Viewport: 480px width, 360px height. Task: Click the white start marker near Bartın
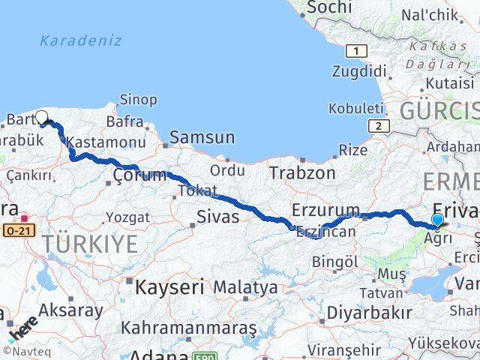click(42, 117)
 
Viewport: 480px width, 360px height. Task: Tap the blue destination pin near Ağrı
click(438, 220)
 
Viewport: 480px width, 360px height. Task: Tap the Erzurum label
click(325, 209)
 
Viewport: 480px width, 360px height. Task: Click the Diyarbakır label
click(374, 313)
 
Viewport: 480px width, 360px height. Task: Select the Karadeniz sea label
click(80, 41)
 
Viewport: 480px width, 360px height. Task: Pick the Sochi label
click(329, 7)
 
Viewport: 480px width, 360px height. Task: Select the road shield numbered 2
click(380, 126)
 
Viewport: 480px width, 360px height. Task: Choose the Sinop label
click(138, 100)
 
